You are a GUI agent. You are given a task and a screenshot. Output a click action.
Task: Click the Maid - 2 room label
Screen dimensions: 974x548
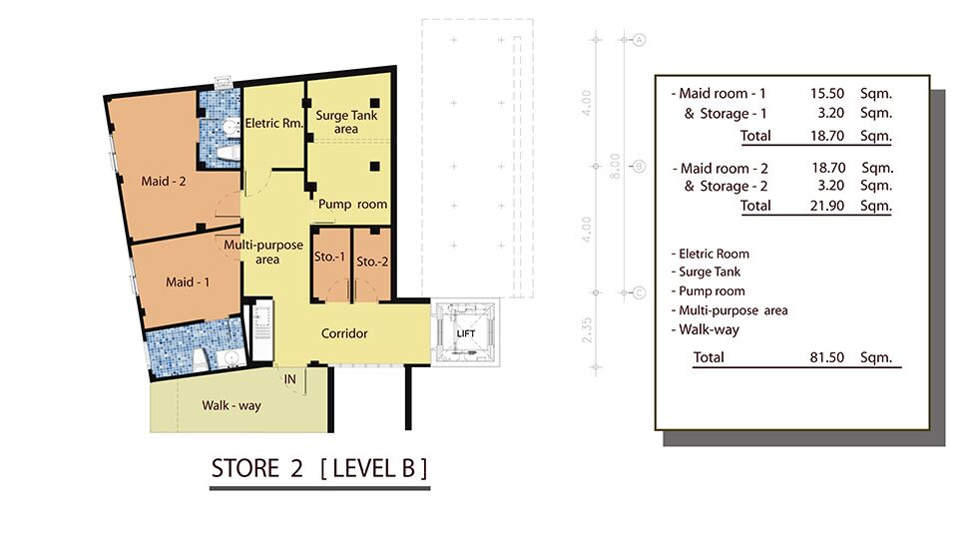coord(164,182)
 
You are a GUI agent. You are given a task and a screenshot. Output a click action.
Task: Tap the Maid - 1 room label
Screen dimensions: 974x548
coord(188,282)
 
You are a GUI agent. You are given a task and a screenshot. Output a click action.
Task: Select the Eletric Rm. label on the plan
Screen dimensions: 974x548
coord(273,123)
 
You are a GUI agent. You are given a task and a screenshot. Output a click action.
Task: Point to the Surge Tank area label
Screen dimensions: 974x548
coord(346,122)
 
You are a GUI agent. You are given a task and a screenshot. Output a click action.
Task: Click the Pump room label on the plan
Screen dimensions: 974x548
coord(353,205)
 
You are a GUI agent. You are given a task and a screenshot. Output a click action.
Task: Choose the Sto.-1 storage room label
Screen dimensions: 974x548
coord(329,257)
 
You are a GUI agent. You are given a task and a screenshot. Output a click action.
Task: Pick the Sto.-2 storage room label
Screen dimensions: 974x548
coord(372,263)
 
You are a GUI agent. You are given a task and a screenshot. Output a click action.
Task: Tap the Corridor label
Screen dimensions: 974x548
coord(344,333)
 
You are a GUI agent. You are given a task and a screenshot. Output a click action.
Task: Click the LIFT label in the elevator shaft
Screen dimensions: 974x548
coord(466,333)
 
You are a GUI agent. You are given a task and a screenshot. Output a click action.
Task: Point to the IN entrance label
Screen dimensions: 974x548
coord(290,379)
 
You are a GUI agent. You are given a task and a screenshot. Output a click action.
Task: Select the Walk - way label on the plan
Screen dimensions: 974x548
coord(232,405)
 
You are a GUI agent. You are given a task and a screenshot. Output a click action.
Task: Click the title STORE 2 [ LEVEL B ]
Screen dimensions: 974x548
coord(319,468)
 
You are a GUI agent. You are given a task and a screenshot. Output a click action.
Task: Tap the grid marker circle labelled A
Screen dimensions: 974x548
coord(639,40)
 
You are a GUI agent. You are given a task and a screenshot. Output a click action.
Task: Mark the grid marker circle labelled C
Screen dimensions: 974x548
coord(639,292)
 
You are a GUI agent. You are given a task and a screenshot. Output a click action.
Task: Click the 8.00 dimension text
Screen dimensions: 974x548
coord(615,166)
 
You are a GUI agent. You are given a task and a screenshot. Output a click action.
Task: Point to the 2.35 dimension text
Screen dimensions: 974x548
coord(587,330)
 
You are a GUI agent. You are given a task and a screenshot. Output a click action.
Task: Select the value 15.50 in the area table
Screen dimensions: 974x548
coord(826,93)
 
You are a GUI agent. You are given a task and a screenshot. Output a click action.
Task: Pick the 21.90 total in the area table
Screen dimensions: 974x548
coord(826,206)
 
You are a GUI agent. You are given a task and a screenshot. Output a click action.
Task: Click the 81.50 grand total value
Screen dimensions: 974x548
coord(826,357)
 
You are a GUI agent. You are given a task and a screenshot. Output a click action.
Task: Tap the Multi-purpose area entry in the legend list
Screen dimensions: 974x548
coord(730,310)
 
